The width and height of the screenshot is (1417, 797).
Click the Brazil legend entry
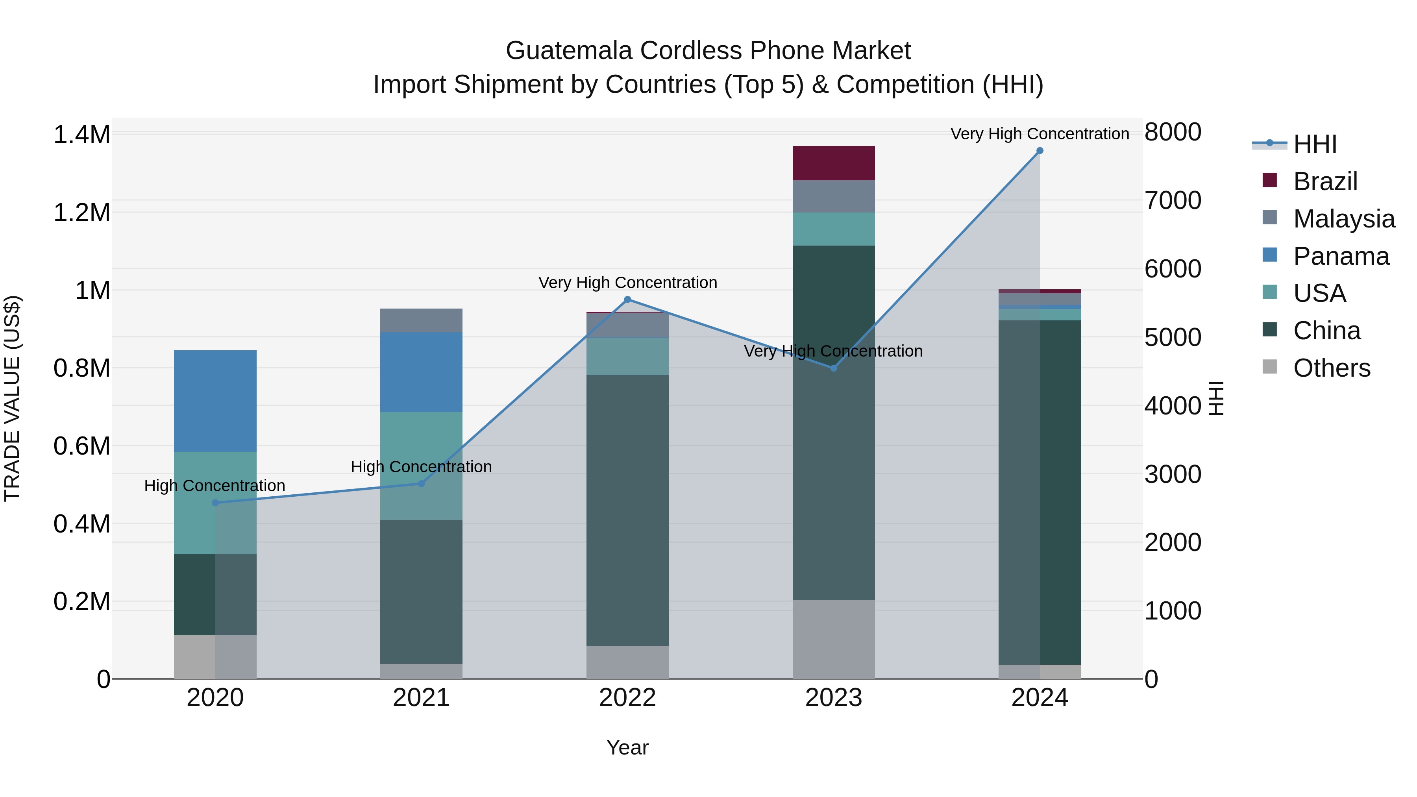[x=1325, y=181]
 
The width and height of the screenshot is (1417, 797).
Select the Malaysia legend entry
[x=1343, y=219]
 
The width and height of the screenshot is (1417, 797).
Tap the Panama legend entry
[x=1341, y=256]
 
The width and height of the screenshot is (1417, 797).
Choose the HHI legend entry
[x=1315, y=144]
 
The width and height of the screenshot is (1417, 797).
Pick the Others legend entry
[x=1331, y=368]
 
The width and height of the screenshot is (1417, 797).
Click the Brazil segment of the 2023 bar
[x=833, y=163]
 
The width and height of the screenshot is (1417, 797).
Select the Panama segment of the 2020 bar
[x=215, y=401]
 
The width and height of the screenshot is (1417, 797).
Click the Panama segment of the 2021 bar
[x=421, y=372]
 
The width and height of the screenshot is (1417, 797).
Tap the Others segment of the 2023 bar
[x=833, y=639]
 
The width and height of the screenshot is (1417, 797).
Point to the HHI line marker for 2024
[x=1040, y=151]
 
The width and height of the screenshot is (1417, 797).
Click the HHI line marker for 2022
[x=628, y=300]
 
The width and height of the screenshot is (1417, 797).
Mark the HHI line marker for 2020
[x=215, y=503]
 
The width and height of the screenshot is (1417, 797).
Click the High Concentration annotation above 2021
[x=421, y=467]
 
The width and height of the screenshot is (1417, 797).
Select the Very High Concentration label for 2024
[x=1040, y=134]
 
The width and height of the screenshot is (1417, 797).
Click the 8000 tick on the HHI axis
[x=1173, y=133]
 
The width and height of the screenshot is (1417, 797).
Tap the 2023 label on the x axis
[x=833, y=698]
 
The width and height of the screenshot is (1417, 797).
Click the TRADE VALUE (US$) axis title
[x=12, y=398]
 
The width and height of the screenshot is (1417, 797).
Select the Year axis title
[x=628, y=748]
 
